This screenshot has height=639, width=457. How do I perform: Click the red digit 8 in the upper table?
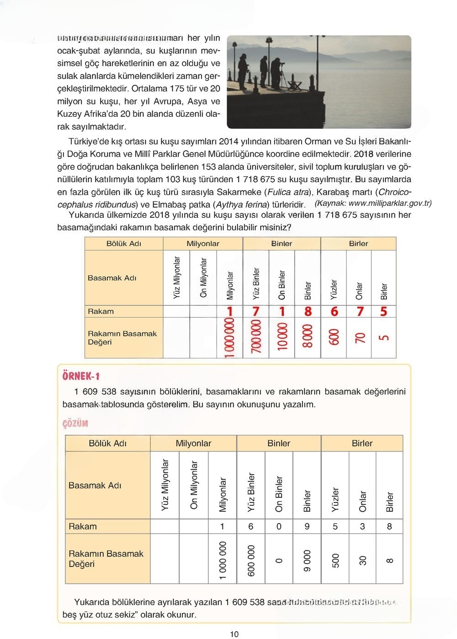coord(308,311)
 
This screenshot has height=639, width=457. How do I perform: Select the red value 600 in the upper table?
coord(334,337)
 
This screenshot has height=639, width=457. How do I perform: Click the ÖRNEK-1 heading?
coord(81,376)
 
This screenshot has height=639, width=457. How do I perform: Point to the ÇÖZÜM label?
coord(75,424)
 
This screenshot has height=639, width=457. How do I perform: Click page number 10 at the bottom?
coord(234,634)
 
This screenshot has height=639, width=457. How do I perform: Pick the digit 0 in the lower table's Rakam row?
coord(279,526)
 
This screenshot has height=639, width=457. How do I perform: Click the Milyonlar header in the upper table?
coord(203,244)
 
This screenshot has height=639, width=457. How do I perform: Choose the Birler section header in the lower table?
coord(362,443)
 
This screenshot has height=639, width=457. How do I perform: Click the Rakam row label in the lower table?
coord(83,526)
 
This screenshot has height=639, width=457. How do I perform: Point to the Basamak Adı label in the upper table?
coord(112,278)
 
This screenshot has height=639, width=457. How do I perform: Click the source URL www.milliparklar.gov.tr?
coord(390,203)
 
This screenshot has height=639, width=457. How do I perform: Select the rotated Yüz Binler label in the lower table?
coord(251,492)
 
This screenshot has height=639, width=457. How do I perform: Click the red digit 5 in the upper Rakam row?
coord(383,311)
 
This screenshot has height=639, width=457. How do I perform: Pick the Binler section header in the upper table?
coord(282,244)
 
